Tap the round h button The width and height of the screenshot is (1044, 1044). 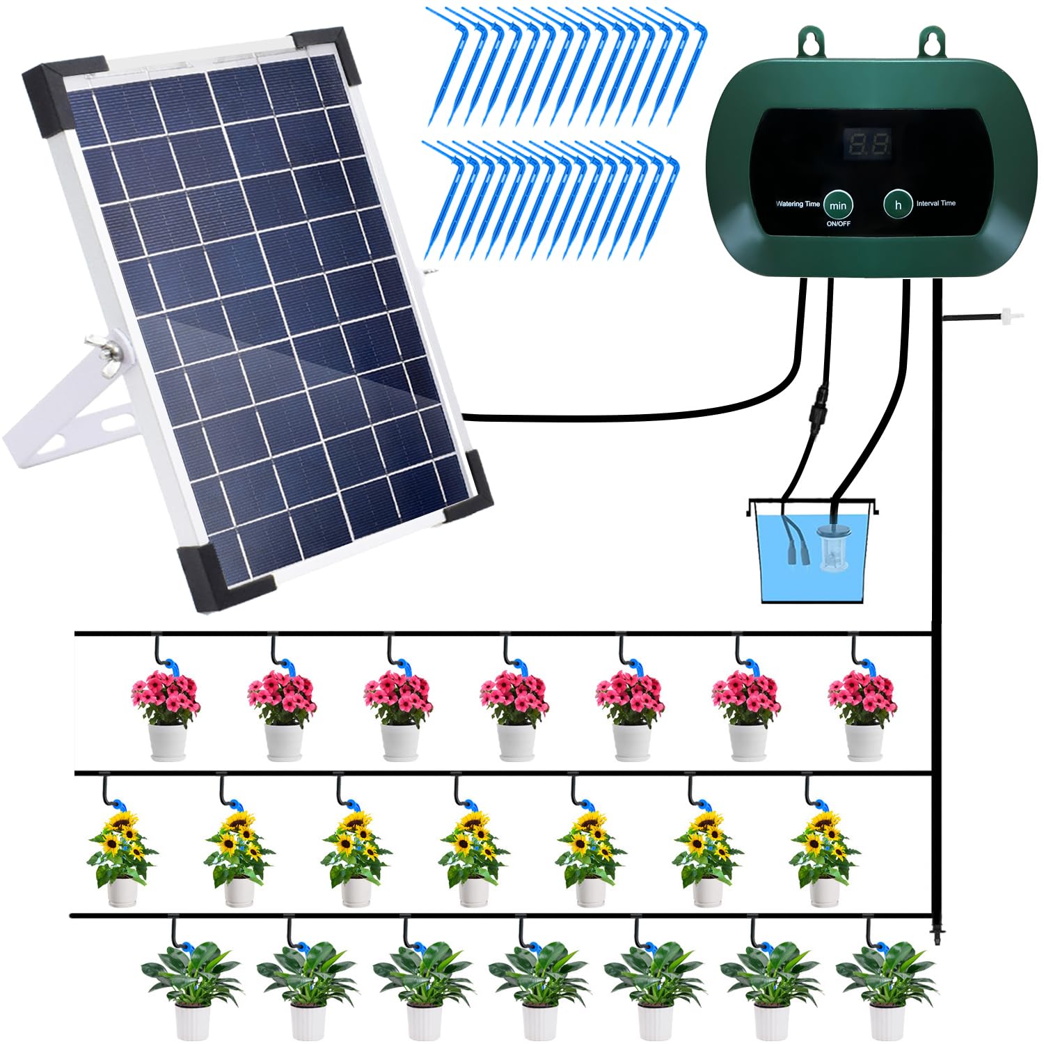[x=898, y=205]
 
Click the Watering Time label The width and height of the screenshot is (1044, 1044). [x=798, y=204]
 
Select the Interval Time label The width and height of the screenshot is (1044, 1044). [x=935, y=203]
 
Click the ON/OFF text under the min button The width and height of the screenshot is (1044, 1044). [x=838, y=224]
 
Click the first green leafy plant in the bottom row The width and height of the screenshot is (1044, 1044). [x=191, y=988]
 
